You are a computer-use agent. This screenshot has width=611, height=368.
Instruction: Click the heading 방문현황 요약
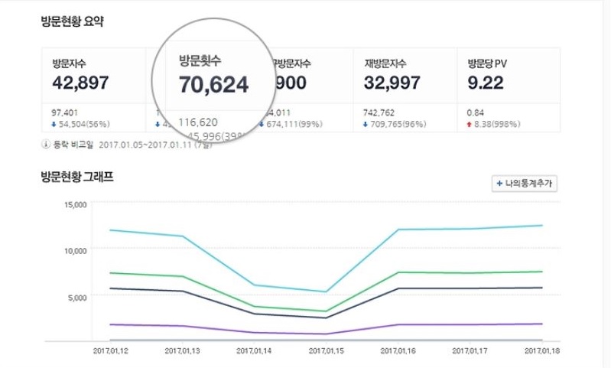click(x=73, y=21)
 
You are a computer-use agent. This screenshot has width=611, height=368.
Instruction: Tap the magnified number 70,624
click(x=214, y=84)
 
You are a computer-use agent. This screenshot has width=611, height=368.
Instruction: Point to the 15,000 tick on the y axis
click(x=79, y=204)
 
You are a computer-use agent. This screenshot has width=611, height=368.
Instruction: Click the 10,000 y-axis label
click(x=79, y=250)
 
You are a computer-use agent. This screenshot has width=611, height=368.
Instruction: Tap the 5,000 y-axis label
click(x=81, y=295)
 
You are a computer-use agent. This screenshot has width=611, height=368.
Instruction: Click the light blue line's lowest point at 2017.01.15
click(x=326, y=291)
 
